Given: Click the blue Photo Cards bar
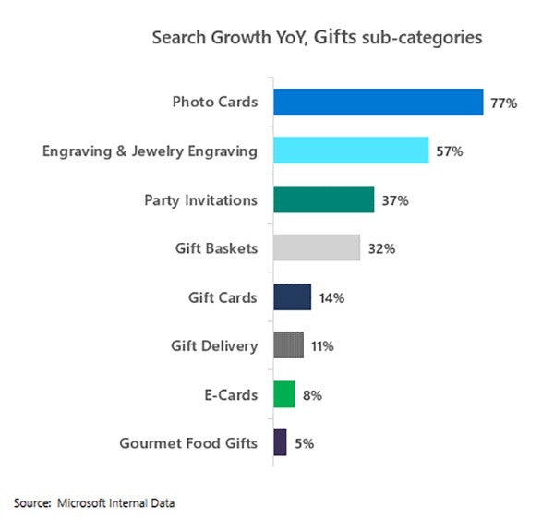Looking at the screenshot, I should (x=378, y=102).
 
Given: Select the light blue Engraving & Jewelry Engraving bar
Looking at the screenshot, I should (x=350, y=151).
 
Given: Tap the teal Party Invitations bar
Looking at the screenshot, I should (x=323, y=199).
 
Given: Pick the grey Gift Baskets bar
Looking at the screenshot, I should (x=316, y=247).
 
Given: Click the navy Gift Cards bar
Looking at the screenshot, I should (x=292, y=297).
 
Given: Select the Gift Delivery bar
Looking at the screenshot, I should (x=288, y=345).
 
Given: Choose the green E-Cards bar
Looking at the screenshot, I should (x=283, y=394).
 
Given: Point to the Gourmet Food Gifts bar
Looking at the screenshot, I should (x=280, y=443).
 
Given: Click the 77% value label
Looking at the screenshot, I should (x=503, y=103).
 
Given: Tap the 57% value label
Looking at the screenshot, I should (x=449, y=151).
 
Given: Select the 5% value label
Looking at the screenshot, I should (x=305, y=444).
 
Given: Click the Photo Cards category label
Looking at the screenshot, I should (x=214, y=102).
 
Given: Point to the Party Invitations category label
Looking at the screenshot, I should (x=200, y=199).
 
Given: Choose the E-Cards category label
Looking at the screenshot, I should (x=231, y=394).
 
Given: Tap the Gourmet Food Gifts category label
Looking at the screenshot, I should (x=188, y=443).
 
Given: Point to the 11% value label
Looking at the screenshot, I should (x=321, y=346).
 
